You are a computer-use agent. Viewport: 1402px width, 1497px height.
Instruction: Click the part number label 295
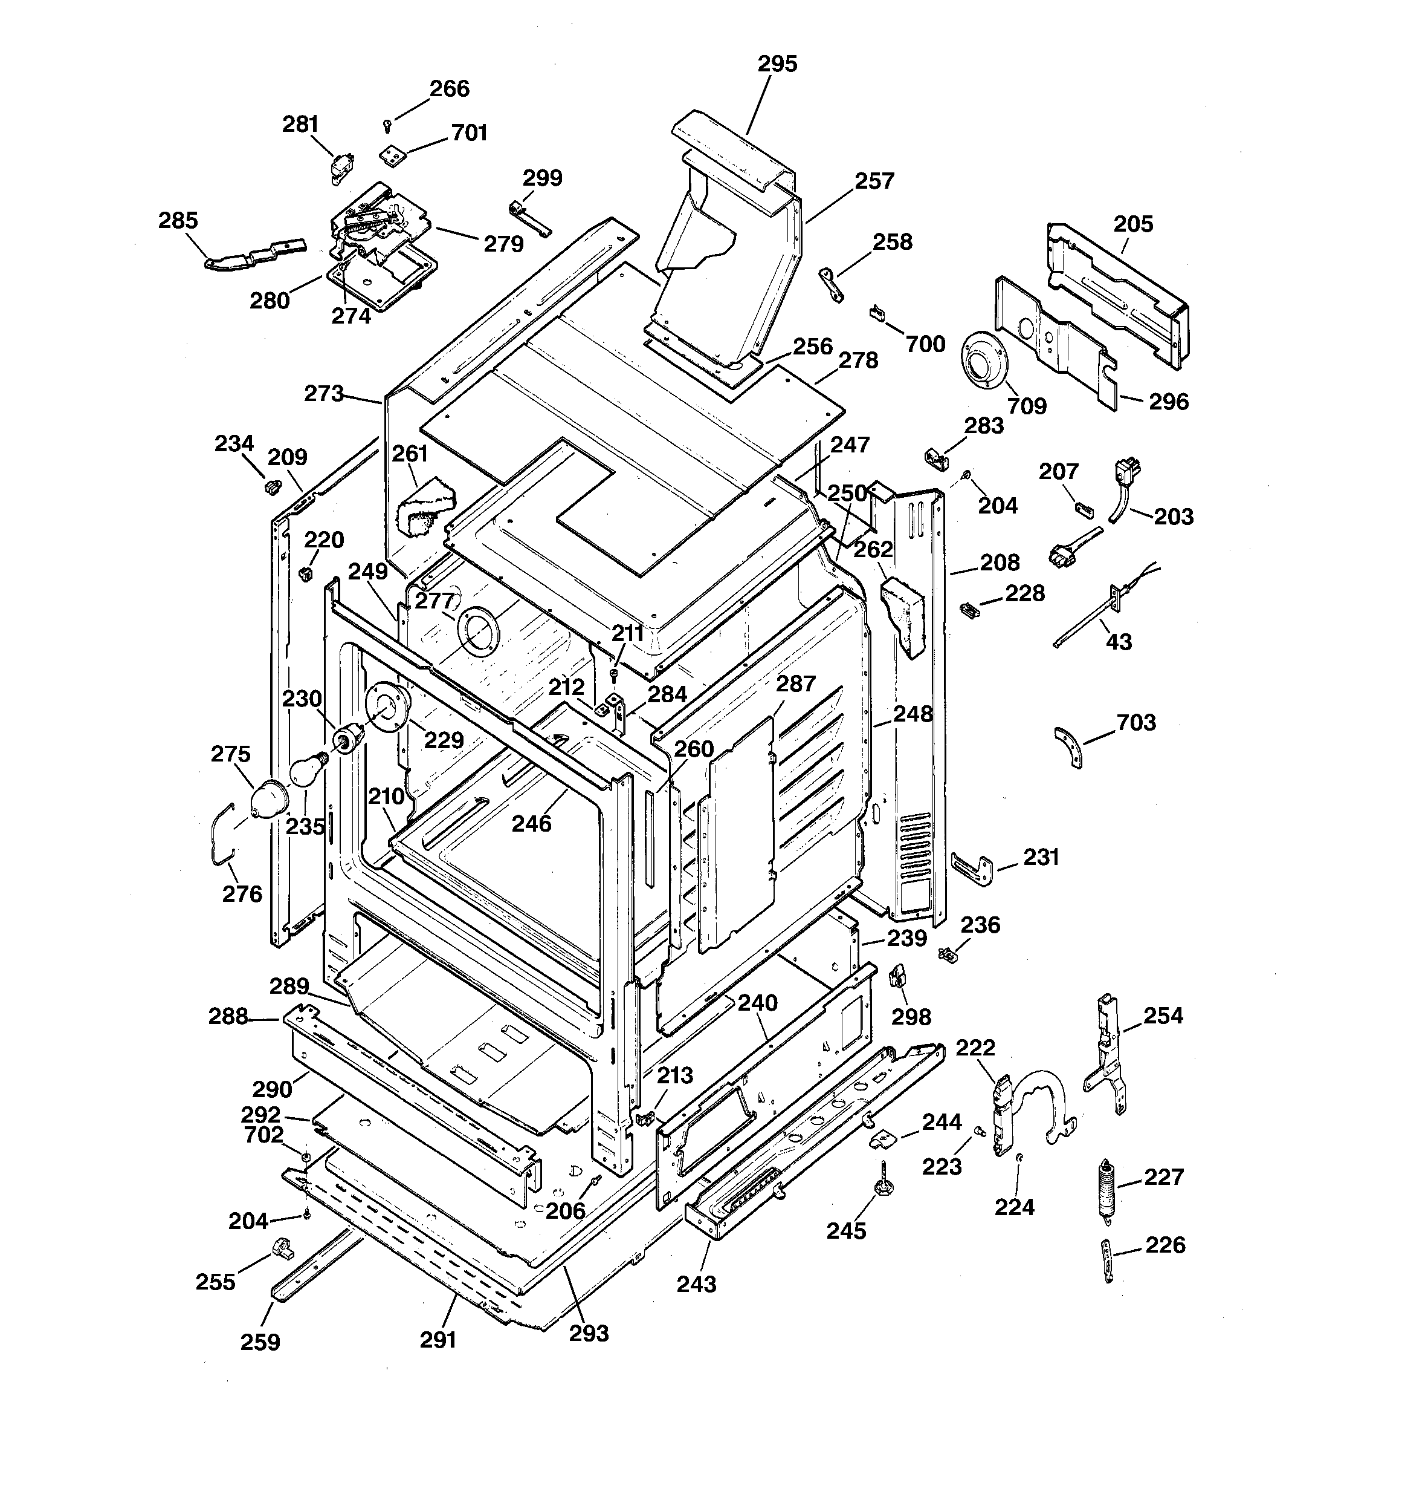click(x=777, y=64)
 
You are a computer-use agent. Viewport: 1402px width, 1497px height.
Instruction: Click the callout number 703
click(x=1135, y=722)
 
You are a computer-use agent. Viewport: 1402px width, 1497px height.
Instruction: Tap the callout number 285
click(x=178, y=221)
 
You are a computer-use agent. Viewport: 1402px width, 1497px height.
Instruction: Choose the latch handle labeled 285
click(x=252, y=255)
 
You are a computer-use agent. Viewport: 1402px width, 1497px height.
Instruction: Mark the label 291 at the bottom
click(x=438, y=1340)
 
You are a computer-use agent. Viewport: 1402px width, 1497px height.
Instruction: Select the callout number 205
click(x=1132, y=224)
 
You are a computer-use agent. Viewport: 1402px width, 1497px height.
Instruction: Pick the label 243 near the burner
click(x=696, y=1284)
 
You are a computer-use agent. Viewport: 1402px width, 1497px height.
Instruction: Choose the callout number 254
click(x=1163, y=1016)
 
